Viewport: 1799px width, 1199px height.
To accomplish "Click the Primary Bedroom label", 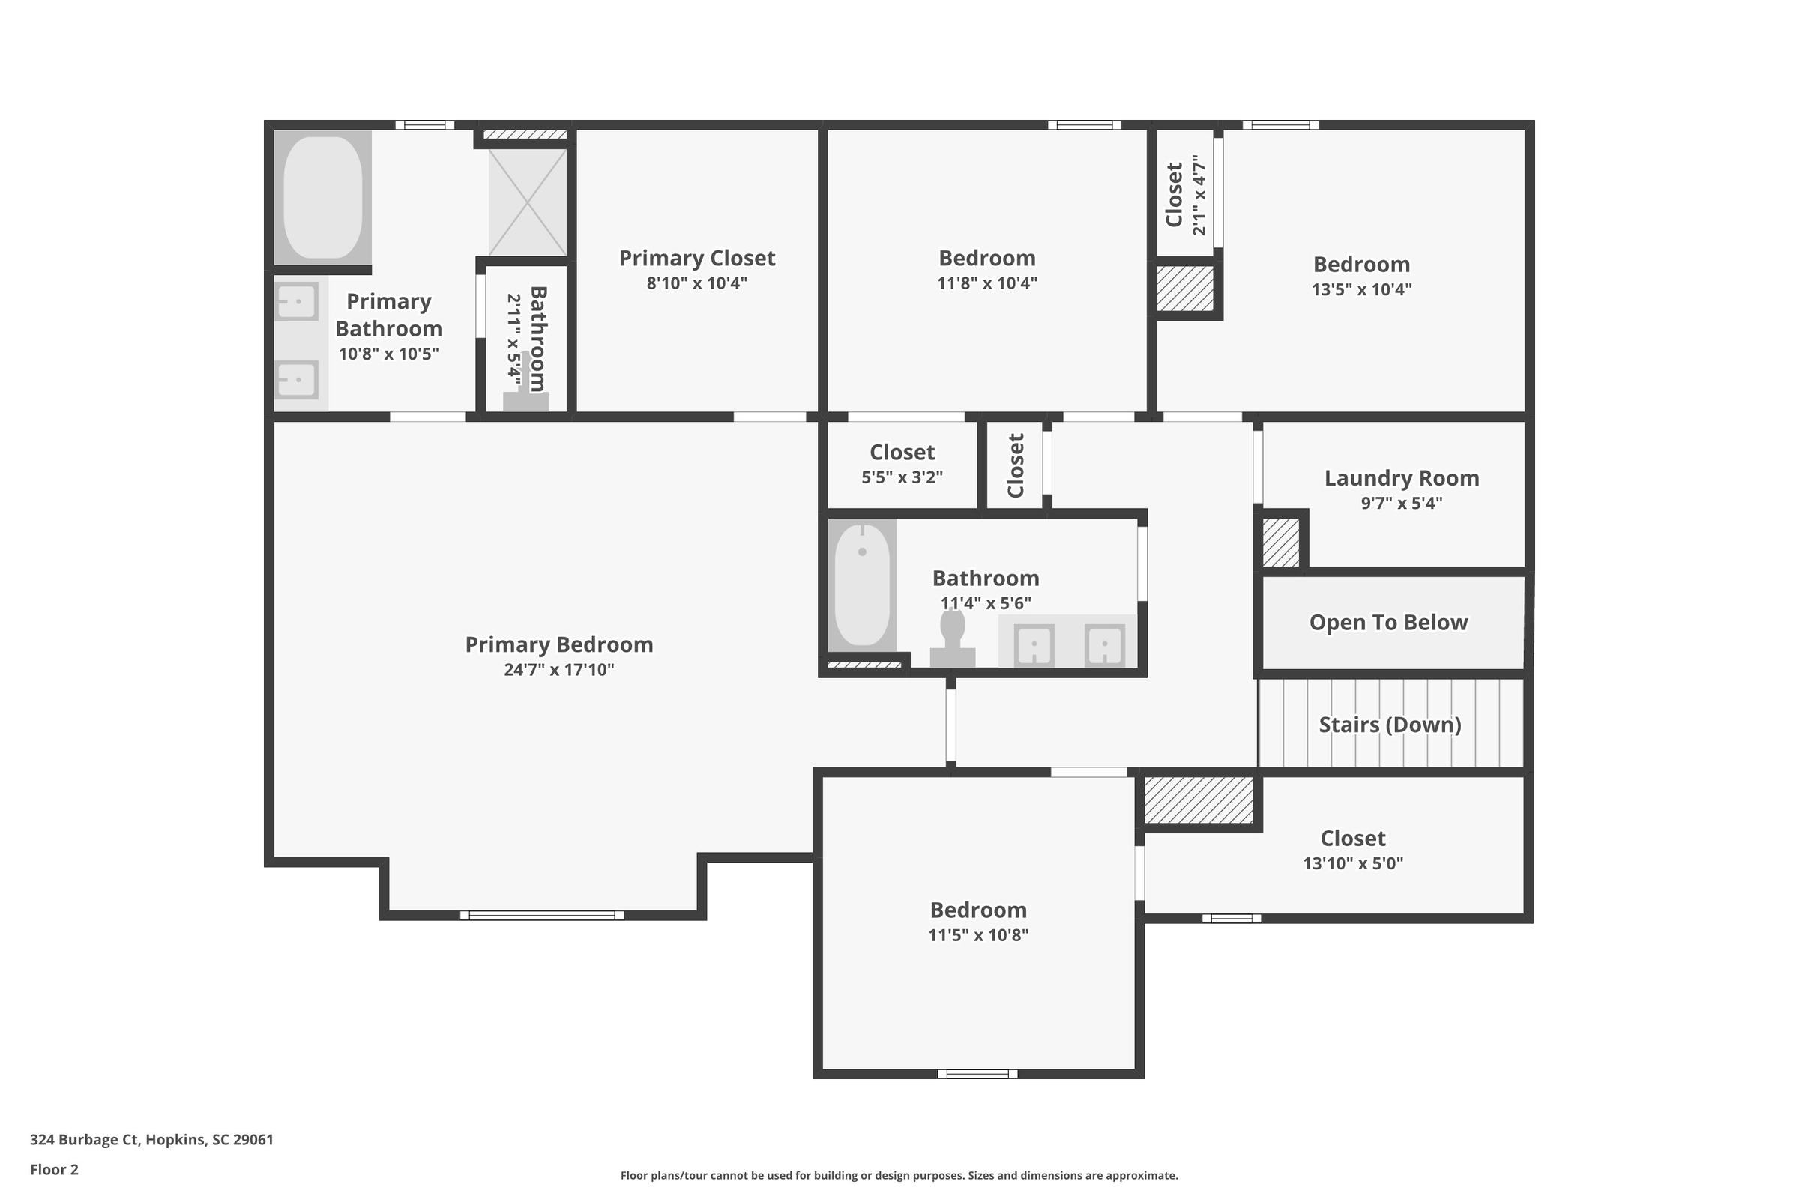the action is [559, 644].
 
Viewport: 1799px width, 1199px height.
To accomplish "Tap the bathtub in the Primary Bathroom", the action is [323, 197].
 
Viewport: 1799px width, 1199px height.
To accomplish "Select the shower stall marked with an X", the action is [528, 202].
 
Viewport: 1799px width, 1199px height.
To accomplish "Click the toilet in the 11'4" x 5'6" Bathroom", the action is [952, 638].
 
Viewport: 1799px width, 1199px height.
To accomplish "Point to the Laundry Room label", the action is [1401, 478].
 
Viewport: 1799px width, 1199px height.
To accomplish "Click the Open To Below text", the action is [1388, 623].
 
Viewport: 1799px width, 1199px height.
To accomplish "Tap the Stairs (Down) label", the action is [1390, 724].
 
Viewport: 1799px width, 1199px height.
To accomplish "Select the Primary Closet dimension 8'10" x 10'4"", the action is [697, 283].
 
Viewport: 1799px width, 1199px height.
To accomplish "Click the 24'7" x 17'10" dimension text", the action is [559, 670].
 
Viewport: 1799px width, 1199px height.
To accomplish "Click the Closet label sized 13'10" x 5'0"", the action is [1353, 838].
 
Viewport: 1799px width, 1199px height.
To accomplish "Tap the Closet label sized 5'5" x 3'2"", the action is [902, 452].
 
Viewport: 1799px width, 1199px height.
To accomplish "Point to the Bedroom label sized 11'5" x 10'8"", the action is [978, 910].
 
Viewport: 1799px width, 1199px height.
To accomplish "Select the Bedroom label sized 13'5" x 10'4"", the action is [1361, 264].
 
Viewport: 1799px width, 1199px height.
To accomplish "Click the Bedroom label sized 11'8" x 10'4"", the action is [986, 258].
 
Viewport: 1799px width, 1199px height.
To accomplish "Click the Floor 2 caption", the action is [54, 1169].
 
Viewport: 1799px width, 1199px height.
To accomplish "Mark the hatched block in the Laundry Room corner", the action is [1280, 542].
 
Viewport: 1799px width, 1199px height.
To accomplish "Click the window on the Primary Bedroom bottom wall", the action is [541, 915].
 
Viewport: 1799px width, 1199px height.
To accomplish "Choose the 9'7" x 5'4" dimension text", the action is [1401, 503].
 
